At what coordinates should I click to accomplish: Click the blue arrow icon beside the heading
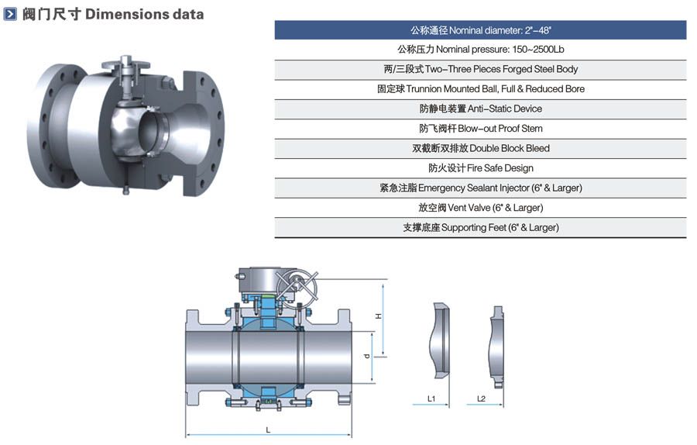click(x=10, y=14)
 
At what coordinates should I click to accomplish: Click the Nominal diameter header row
click(x=480, y=30)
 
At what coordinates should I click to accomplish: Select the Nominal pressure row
click(x=480, y=50)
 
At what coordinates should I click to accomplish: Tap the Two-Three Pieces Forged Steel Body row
click(x=480, y=70)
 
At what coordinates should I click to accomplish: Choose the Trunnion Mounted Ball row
click(x=480, y=89)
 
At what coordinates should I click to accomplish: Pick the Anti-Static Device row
click(x=480, y=109)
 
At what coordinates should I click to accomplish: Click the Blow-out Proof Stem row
click(x=480, y=129)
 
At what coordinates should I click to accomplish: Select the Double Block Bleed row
click(x=480, y=148)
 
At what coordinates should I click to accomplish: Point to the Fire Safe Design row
click(x=480, y=168)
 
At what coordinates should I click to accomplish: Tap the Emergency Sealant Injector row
click(x=480, y=188)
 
